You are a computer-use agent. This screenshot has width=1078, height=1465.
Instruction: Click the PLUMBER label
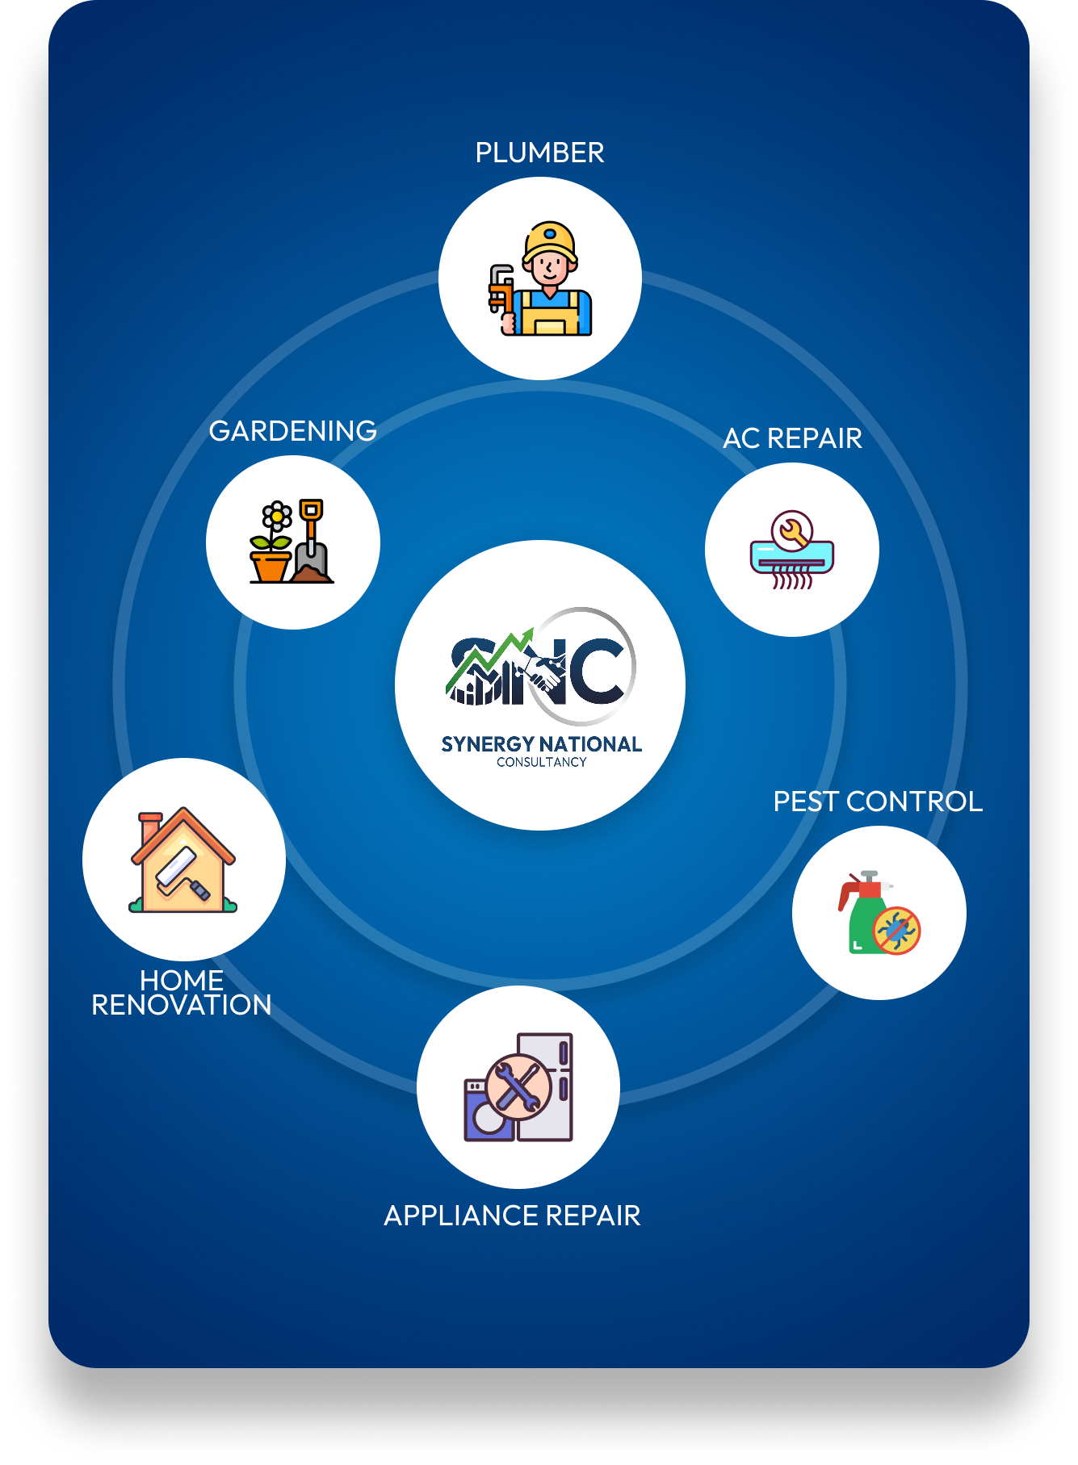pyautogui.click(x=539, y=153)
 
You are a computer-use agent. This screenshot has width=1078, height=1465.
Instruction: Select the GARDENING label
pyautogui.click(x=292, y=431)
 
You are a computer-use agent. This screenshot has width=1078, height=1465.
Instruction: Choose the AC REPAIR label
pyautogui.click(x=792, y=438)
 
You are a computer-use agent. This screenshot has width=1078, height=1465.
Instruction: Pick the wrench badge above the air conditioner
pyautogui.click(x=791, y=531)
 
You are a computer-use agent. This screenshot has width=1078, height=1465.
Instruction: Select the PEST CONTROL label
pyautogui.click(x=878, y=802)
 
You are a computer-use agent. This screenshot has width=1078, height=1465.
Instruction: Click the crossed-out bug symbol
pyautogui.click(x=896, y=931)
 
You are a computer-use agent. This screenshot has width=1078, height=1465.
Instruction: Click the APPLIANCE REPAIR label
pyautogui.click(x=512, y=1216)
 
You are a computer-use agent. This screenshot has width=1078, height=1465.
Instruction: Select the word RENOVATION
pyautogui.click(x=182, y=1006)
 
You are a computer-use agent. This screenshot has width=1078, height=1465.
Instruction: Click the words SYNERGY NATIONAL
pyautogui.click(x=542, y=744)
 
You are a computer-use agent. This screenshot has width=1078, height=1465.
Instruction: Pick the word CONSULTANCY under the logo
pyautogui.click(x=542, y=762)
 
